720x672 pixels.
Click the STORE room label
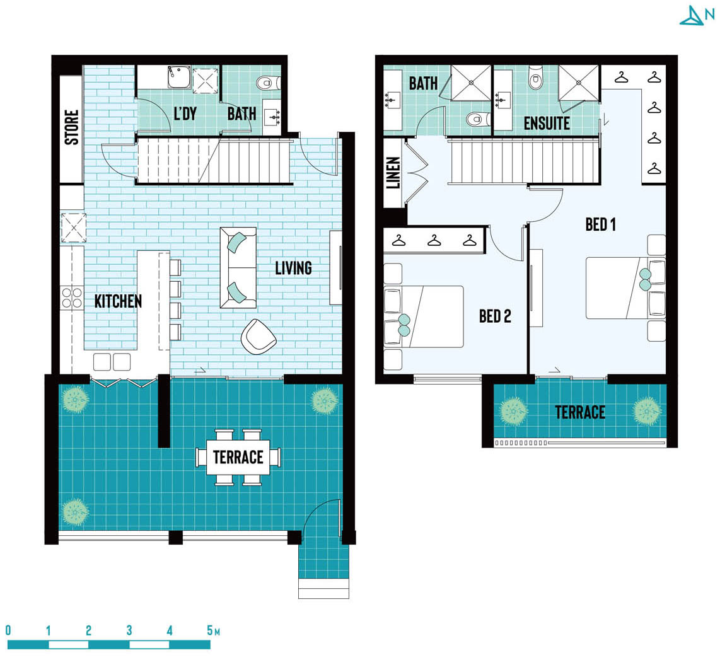click(x=72, y=127)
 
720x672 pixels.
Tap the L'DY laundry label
click(x=185, y=113)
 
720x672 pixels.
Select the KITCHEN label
click(x=118, y=301)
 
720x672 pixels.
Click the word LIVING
click(x=293, y=268)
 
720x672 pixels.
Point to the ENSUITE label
click(x=547, y=123)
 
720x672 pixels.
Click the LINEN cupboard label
click(x=393, y=173)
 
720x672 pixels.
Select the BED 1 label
click(x=601, y=224)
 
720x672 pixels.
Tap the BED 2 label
click(x=495, y=316)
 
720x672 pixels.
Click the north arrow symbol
click(x=697, y=15)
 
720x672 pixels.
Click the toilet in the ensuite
click(x=535, y=77)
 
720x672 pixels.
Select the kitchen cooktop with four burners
click(x=72, y=298)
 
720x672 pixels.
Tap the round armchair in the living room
click(x=258, y=337)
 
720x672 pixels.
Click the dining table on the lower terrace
click(x=238, y=457)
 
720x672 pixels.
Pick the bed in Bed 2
click(x=424, y=316)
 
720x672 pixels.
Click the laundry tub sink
click(x=178, y=77)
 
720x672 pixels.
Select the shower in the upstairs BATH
click(x=471, y=83)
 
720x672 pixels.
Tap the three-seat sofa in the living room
click(x=238, y=268)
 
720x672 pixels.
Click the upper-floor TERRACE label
click(x=580, y=412)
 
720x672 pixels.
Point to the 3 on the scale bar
click(x=129, y=630)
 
